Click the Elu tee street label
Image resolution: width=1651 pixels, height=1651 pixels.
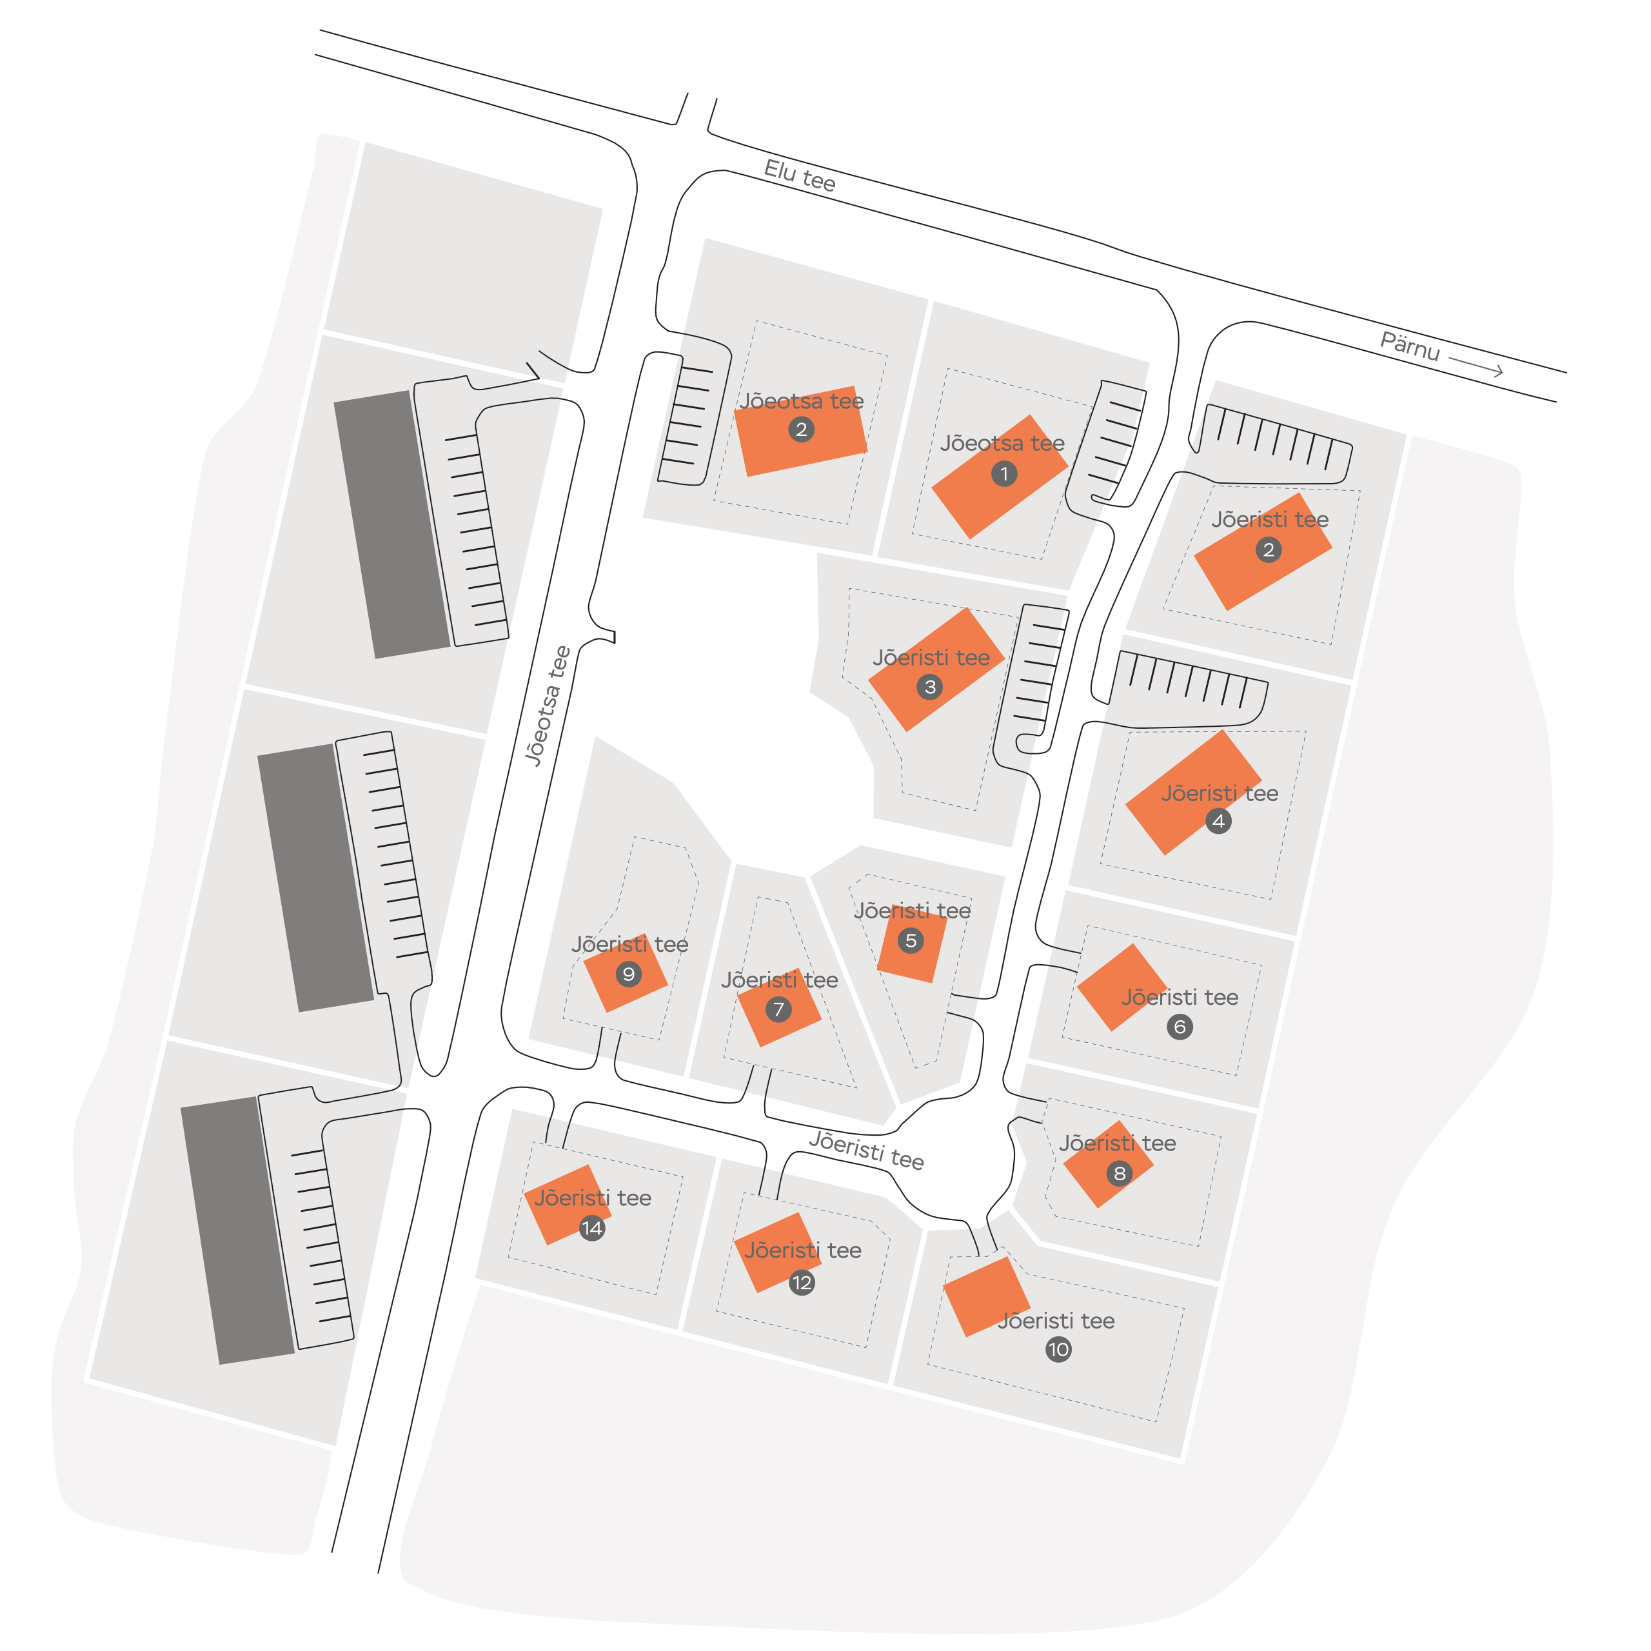point(799,175)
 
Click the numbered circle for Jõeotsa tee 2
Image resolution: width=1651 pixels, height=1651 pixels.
point(801,429)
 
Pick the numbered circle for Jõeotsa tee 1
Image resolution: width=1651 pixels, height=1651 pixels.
point(1004,473)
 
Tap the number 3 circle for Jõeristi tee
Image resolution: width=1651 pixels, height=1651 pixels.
point(930,687)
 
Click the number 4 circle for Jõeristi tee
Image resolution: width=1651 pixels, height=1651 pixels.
point(1219,821)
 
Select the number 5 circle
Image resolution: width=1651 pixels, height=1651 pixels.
point(911,941)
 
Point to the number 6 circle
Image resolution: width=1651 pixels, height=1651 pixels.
point(1180,1026)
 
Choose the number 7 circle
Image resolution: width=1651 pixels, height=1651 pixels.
point(778,1009)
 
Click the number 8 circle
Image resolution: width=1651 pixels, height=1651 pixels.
point(1120,1173)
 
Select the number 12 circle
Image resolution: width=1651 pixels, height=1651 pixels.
point(802,1283)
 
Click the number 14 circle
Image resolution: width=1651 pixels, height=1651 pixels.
point(592,1229)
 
